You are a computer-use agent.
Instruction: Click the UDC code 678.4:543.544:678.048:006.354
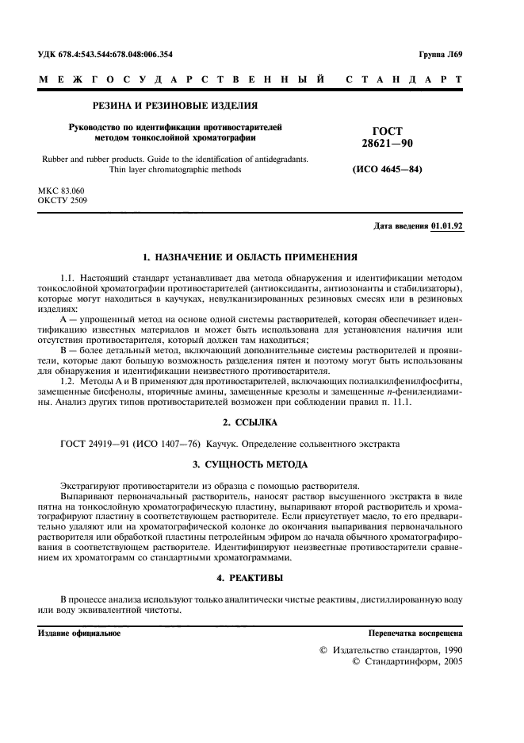click(x=117, y=55)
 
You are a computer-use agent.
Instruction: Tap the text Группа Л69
click(x=446, y=55)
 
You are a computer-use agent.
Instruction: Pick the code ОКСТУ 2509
click(x=63, y=201)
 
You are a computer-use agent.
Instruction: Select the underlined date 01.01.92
click(x=447, y=226)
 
